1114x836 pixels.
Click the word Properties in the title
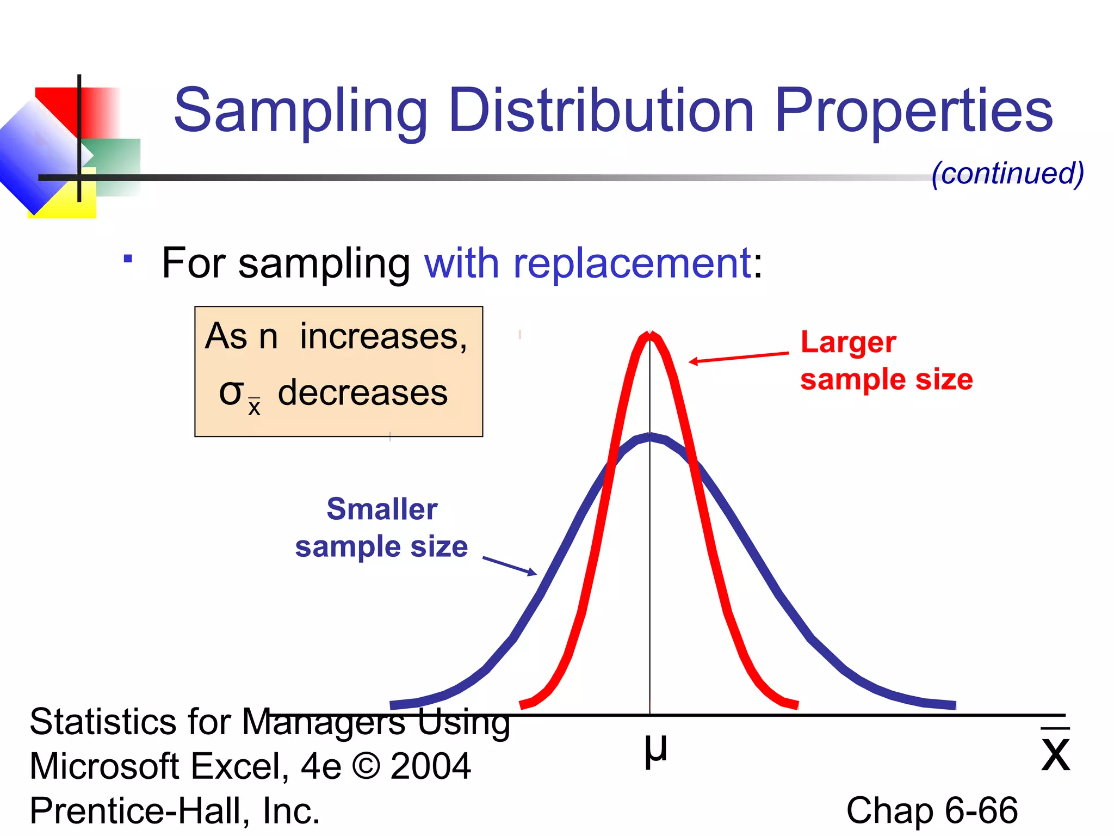coord(914,112)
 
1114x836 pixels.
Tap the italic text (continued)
coord(1007,173)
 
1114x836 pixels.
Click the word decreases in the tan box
coord(363,393)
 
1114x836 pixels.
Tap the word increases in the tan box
coord(383,336)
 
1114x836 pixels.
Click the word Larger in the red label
coord(848,343)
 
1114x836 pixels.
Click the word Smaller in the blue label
coord(382,509)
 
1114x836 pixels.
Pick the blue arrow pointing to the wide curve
coord(509,565)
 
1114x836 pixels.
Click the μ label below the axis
coord(655,750)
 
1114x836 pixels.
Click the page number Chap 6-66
coord(931,810)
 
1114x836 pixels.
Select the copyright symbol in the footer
coord(366,766)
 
